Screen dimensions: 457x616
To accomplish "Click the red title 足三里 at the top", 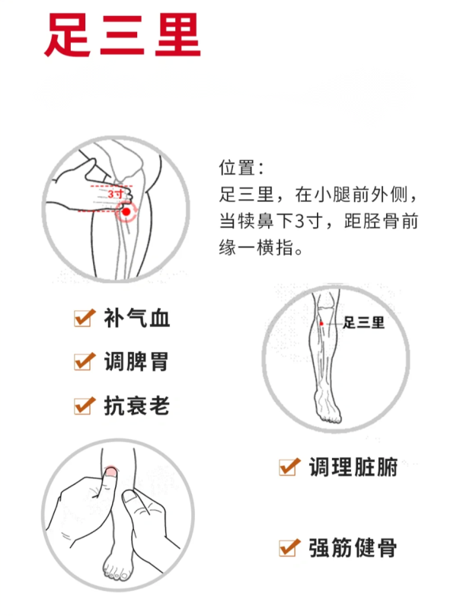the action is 123,35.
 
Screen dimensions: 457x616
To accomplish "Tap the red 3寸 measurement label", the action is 116,194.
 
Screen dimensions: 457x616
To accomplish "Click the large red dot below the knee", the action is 126,212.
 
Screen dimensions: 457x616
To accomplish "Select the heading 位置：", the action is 241,168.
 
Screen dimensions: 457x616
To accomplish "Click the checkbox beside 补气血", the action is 84,318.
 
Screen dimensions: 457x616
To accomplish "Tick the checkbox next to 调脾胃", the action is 84,362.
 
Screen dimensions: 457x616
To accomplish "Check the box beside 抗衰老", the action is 84,406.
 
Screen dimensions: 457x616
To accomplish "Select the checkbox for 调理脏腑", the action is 289,467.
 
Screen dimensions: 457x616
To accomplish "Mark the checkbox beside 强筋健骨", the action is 289,547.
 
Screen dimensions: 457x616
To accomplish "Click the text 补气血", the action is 136,318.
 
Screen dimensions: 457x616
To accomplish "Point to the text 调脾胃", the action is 136,362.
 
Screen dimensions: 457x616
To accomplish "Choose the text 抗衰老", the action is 136,406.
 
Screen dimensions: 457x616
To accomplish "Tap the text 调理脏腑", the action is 353,467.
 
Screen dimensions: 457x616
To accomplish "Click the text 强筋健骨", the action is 353,547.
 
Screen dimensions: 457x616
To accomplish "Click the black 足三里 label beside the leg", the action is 363,323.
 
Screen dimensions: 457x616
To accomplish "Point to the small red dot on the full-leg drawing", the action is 321,323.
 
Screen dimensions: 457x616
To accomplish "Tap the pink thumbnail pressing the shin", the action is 111,471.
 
